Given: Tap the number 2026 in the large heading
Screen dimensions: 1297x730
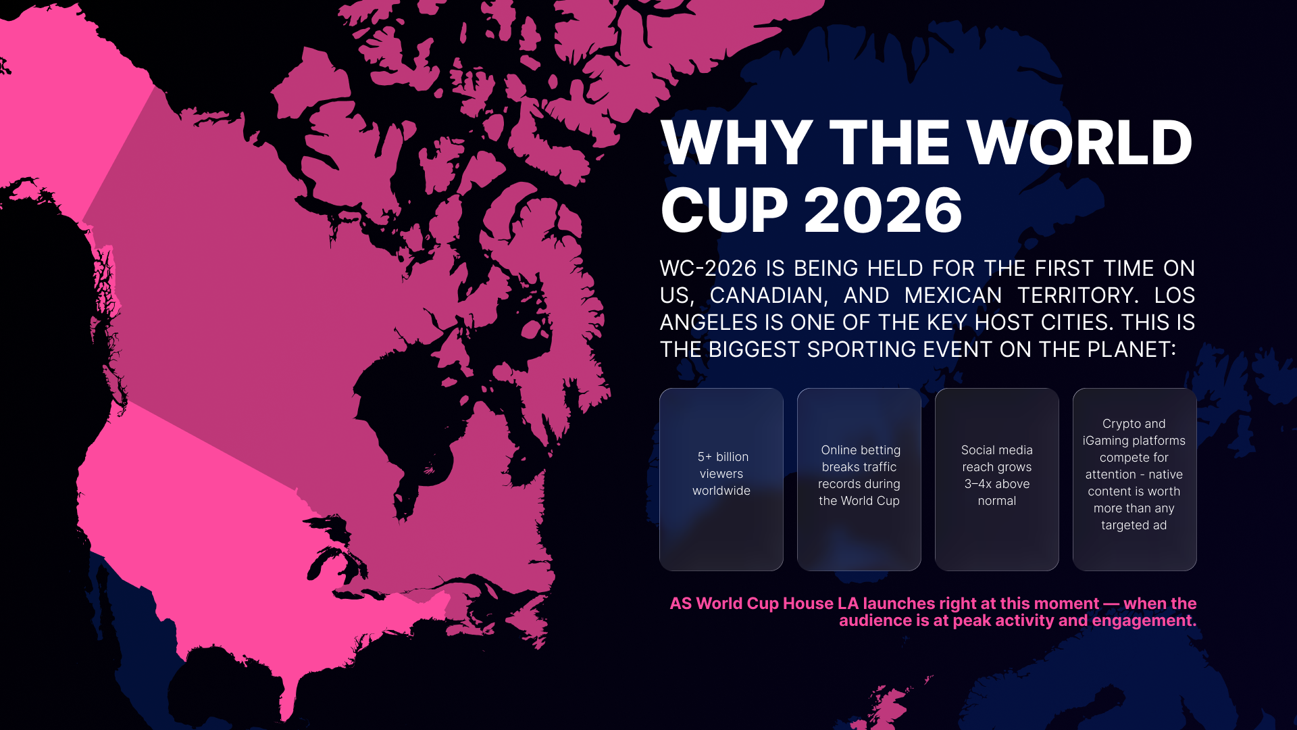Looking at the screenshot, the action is coord(883,210).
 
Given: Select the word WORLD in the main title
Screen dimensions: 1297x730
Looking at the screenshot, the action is coord(1079,143).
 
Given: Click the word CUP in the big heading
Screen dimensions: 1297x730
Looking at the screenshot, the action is coord(724,210).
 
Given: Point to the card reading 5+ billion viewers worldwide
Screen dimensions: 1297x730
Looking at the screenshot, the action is coord(721,479).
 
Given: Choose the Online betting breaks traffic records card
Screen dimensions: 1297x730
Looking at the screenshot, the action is coord(859,479).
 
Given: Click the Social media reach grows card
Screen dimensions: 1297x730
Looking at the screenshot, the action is coord(997,479).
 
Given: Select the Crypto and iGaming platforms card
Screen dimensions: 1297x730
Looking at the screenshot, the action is coord(1135,479).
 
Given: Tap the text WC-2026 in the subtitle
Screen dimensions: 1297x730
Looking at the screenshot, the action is coord(708,268).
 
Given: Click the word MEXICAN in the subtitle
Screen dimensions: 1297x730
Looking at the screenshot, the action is coord(953,295).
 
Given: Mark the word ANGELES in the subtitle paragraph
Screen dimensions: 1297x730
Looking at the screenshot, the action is coord(709,322).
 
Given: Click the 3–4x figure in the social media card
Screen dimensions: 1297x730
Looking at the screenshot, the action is coord(977,484).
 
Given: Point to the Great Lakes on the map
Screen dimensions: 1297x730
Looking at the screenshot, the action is coord(338,547).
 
